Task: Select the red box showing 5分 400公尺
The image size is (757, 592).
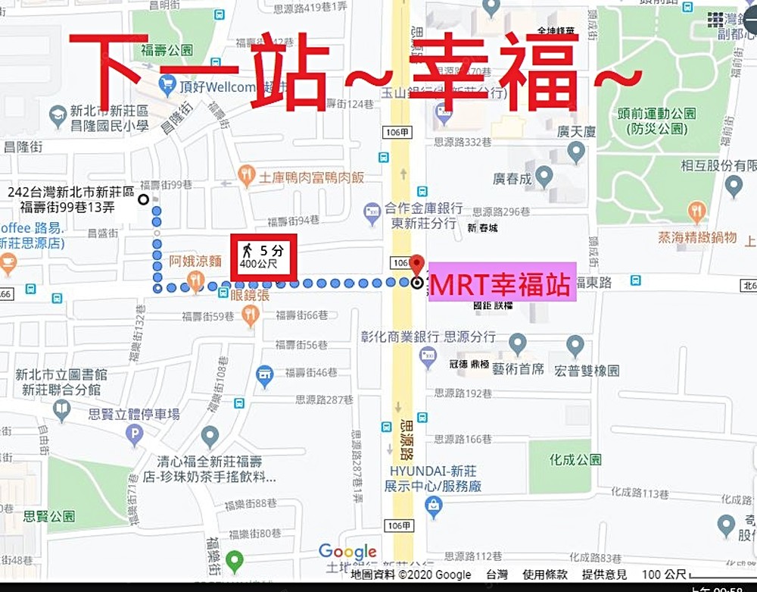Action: [263, 258]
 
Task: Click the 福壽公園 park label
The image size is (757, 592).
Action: [167, 51]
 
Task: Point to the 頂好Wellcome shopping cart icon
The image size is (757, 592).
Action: [168, 86]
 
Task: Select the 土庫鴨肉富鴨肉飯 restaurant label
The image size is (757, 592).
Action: [311, 177]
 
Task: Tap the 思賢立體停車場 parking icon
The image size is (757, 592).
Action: [134, 434]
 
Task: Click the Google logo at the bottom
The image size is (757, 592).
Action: [347, 552]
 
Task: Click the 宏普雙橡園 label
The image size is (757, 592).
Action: [587, 371]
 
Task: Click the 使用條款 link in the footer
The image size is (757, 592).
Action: [546, 575]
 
